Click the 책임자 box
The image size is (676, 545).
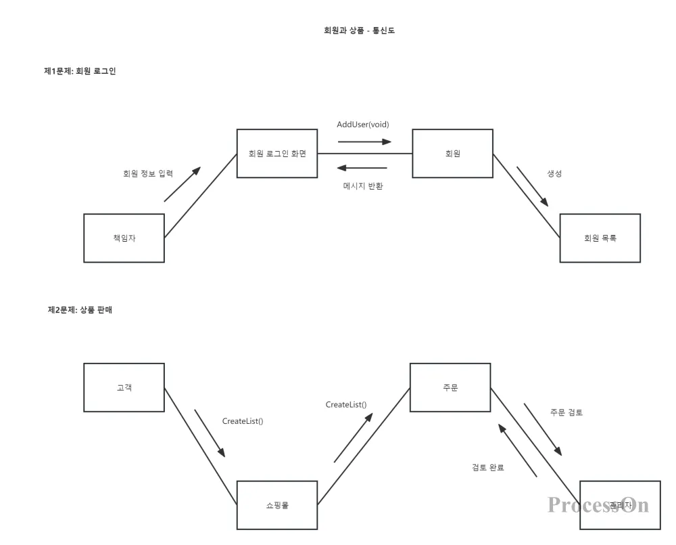click(124, 238)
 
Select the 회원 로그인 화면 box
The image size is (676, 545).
click(277, 154)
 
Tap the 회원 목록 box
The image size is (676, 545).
click(600, 238)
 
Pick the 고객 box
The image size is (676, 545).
click(124, 388)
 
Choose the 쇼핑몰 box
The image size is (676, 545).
click(277, 505)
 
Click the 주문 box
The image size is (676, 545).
click(450, 388)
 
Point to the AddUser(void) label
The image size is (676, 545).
click(363, 125)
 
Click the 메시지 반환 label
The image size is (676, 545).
click(363, 186)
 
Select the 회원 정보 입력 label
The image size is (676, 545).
click(148, 173)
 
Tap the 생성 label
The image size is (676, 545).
click(554, 173)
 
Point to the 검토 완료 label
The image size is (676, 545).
click(487, 468)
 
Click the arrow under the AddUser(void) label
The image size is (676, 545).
click(364, 141)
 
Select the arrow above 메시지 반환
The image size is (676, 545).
click(362, 168)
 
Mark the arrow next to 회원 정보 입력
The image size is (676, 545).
click(182, 184)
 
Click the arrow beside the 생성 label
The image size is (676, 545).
click(532, 186)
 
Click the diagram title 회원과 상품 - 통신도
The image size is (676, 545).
click(359, 30)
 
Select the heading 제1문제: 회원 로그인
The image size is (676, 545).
click(80, 71)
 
